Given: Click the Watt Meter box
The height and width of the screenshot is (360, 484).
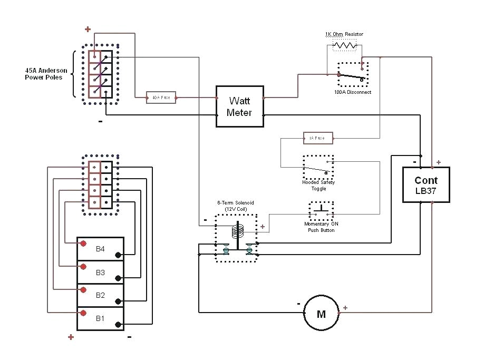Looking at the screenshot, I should (x=239, y=106).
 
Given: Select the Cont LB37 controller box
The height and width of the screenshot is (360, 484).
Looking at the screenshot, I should (x=426, y=184).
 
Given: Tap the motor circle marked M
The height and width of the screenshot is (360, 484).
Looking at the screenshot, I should (x=321, y=314).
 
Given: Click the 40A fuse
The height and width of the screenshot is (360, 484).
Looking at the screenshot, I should (x=161, y=98).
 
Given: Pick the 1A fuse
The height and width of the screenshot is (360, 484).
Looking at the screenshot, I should (x=318, y=138).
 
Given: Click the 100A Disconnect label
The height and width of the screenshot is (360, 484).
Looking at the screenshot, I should (x=352, y=92).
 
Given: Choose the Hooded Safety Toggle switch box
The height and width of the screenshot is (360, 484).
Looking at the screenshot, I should (x=318, y=167).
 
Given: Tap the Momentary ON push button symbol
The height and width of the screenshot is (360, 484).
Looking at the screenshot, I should (x=321, y=211).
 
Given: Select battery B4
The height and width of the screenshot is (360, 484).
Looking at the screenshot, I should (x=101, y=248).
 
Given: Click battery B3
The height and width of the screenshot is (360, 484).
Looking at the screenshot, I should (x=101, y=272).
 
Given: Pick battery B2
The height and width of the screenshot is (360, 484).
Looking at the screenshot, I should (x=101, y=295).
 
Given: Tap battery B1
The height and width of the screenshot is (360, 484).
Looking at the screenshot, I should (x=101, y=318).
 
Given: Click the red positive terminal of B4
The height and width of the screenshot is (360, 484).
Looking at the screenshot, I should (x=83, y=243).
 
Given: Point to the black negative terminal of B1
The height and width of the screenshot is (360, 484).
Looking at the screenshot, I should (x=118, y=324).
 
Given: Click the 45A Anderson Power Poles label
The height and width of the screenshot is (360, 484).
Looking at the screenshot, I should (x=44, y=73).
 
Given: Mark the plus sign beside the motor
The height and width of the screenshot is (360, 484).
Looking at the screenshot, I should (x=345, y=308).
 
